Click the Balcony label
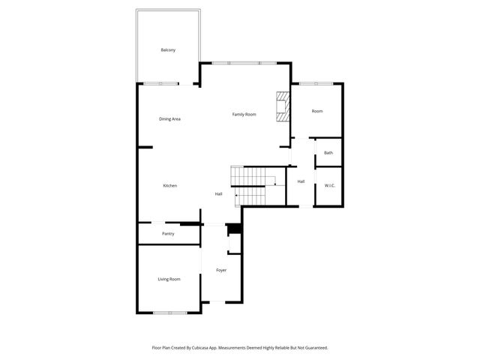(x=168, y=50)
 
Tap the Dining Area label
(x=169, y=118)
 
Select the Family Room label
(x=244, y=114)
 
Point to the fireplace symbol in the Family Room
(x=283, y=106)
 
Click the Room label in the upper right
(x=317, y=111)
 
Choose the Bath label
(x=328, y=153)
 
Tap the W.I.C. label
(x=329, y=185)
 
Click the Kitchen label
(x=170, y=185)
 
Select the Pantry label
(x=168, y=234)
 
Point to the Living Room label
(x=169, y=279)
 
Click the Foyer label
(x=221, y=270)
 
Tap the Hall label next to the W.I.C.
(x=301, y=181)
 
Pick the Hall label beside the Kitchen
(x=218, y=194)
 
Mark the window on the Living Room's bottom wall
(x=169, y=312)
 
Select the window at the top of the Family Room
(x=244, y=63)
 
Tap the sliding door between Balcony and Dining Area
(x=162, y=82)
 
